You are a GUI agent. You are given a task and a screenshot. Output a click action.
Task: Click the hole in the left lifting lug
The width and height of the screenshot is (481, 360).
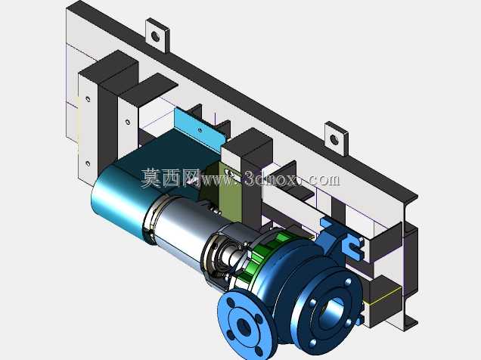156,37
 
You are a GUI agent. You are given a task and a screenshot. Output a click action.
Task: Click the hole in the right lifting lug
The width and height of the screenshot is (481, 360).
335,140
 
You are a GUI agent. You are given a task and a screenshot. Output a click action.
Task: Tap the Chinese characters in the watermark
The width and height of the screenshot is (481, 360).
171,178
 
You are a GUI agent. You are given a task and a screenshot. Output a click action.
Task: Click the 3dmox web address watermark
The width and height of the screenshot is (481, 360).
271,178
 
